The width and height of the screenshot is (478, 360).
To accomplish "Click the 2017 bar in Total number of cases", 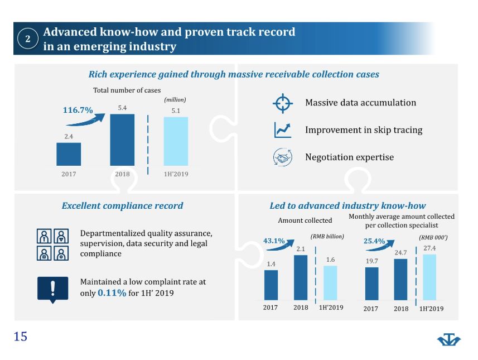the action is click(69, 154).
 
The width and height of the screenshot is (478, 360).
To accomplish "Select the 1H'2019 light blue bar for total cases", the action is click(176, 141).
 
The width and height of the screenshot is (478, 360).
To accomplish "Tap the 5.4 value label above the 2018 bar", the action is click(122, 108).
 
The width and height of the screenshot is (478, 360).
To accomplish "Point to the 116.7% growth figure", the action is click(78, 110).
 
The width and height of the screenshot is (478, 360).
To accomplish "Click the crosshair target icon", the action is click(283, 103).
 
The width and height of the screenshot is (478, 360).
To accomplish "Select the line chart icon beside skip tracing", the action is click(283, 129).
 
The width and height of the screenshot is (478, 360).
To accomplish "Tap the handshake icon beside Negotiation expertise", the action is click(283, 157).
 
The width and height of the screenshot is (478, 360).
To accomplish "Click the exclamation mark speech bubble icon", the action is click(53, 290).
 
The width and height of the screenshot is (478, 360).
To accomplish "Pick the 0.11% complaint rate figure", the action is click(112, 293).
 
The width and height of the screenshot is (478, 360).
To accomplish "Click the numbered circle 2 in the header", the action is click(28, 39).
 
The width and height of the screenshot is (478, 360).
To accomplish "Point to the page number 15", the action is click(21, 337).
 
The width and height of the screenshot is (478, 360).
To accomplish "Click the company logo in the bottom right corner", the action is click(449, 339).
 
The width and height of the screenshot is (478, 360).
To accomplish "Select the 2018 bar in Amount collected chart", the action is click(301, 277).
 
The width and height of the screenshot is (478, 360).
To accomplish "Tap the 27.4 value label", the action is click(429, 248).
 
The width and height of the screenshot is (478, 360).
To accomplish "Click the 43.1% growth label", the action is click(274, 241).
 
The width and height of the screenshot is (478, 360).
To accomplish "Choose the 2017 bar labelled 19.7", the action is click(371, 284).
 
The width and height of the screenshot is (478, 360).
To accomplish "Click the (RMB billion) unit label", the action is click(327, 237).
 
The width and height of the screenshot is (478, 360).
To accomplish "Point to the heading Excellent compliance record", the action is click(122, 205).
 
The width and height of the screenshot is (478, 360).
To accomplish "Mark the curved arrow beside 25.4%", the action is click(380, 246).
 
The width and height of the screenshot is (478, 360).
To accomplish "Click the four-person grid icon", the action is click(53, 244).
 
